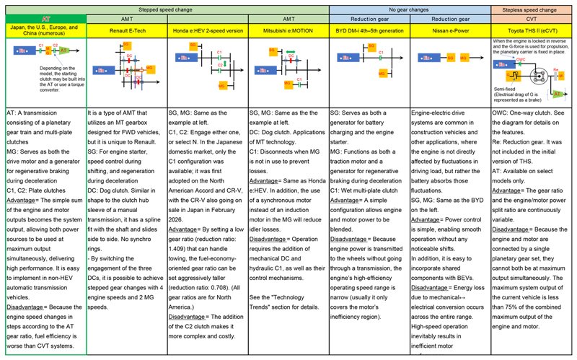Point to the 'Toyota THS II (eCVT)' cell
(532, 32)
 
